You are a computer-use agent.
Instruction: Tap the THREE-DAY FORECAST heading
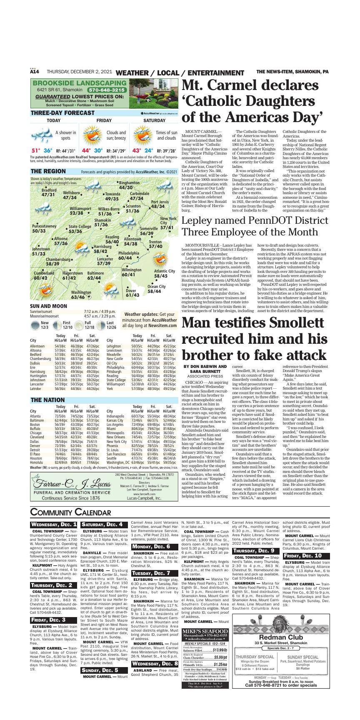[x=62, y=113]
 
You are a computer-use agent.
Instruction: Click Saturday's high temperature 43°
[x=137, y=150]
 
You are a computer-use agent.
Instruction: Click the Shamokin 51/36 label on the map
[x=102, y=222]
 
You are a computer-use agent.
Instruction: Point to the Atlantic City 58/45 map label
[x=164, y=273]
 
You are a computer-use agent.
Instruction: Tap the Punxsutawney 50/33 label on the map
[x=44, y=228]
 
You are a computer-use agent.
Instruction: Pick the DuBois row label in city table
[x=35, y=363]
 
